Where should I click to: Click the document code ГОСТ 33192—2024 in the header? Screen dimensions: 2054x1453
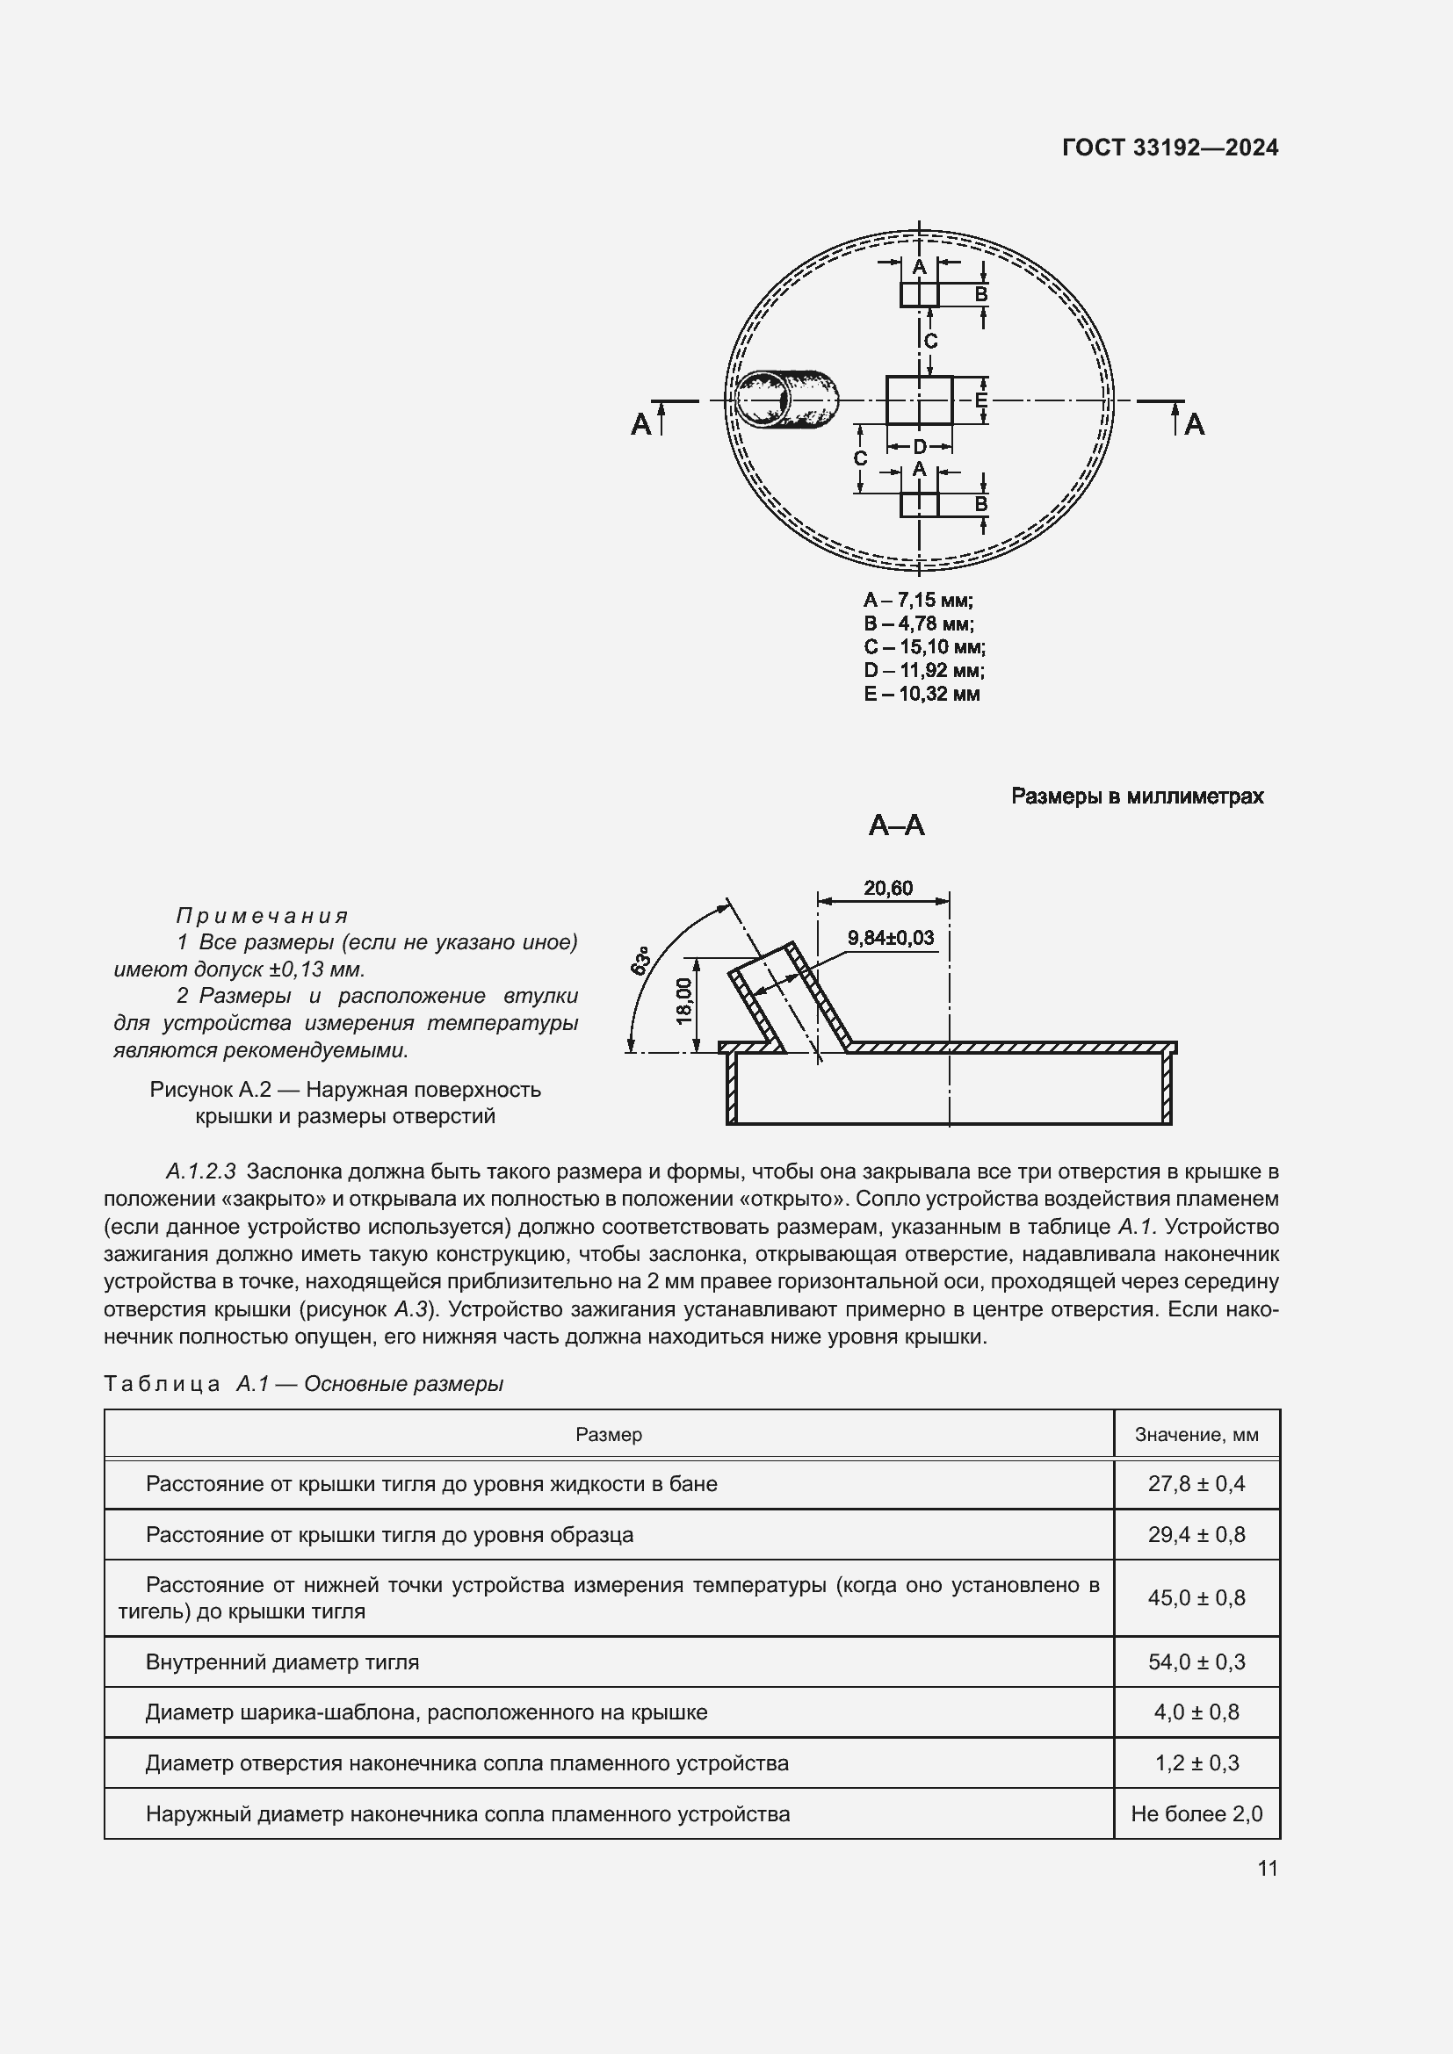click(1169, 148)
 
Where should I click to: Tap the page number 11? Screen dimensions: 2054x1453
click(1267, 1868)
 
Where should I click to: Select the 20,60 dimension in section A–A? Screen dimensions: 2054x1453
click(887, 889)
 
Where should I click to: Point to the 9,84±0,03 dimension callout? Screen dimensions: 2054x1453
click(890, 938)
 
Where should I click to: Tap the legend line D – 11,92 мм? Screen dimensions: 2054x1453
click(923, 670)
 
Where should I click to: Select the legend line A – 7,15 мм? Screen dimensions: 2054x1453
click(918, 601)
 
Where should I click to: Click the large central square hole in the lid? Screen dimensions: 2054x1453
click(919, 400)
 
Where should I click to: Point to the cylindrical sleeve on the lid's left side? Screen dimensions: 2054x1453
click(786, 399)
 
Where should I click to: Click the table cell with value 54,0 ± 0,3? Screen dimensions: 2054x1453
click(1196, 1661)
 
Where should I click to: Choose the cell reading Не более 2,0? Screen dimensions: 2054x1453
click(1196, 1813)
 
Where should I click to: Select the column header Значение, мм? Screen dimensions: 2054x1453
click(1196, 1434)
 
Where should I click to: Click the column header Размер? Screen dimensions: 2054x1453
click(609, 1434)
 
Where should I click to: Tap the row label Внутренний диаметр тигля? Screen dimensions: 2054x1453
click(282, 1661)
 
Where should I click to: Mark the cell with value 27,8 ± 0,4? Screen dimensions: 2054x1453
click(1196, 1483)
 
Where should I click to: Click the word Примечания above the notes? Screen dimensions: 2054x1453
click(261, 915)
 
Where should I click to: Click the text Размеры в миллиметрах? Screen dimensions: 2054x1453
click(1136, 796)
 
